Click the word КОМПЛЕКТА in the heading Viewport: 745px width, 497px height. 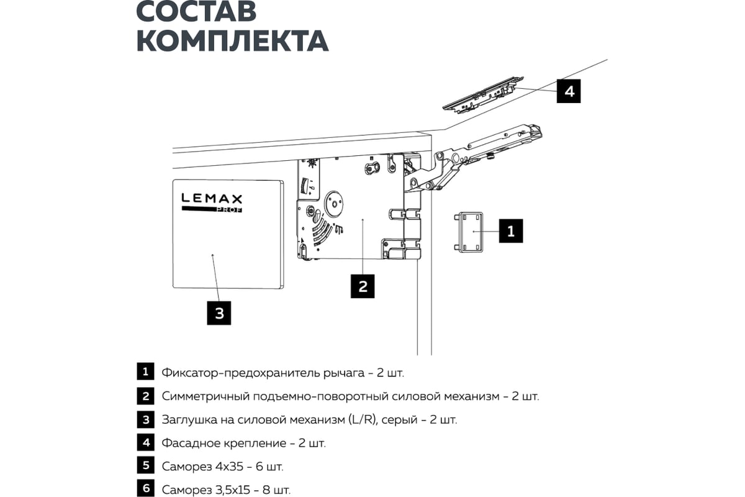click(232, 40)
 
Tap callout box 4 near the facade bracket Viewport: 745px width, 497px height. click(569, 91)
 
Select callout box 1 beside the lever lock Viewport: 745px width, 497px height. click(511, 230)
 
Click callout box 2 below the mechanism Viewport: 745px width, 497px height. click(363, 286)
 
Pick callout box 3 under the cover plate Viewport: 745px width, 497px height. click(219, 312)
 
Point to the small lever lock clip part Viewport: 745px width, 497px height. click(471, 231)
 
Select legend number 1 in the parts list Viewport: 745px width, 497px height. click(145, 372)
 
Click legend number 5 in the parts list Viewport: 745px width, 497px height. click(145, 465)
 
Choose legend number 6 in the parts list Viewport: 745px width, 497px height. click(145, 488)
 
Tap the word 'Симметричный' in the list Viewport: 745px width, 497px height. click(201, 396)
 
